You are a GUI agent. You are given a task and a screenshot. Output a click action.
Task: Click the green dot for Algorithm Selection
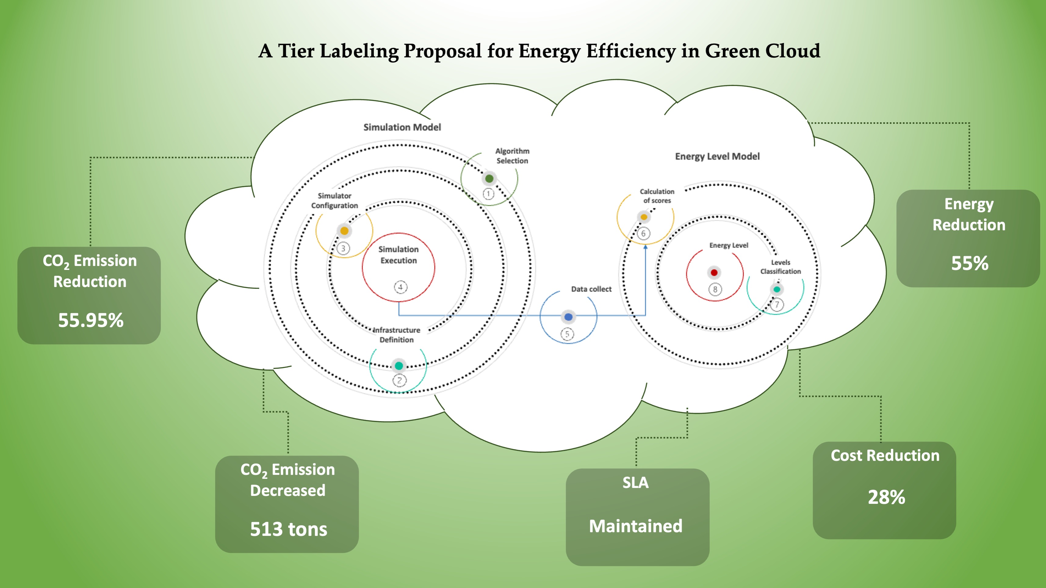click(489, 178)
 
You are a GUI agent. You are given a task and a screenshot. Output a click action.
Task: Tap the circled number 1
click(489, 194)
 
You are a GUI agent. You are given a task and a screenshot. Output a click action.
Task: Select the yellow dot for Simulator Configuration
click(344, 231)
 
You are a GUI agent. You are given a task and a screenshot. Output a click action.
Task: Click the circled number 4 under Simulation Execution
click(400, 287)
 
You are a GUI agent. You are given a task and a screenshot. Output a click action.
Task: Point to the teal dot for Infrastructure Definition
click(399, 366)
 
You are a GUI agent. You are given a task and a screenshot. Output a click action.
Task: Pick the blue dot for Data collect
click(568, 317)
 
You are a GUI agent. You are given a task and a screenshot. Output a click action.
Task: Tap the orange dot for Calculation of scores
click(644, 217)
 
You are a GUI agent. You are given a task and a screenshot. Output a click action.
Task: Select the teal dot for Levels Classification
click(777, 289)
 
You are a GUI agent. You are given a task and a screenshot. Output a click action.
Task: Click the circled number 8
click(715, 289)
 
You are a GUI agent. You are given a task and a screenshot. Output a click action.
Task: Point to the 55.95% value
click(91, 320)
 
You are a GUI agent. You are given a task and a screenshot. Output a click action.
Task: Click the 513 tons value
click(288, 529)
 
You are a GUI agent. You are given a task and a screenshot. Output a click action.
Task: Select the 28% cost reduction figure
click(886, 497)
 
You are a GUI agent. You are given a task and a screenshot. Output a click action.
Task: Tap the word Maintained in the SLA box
click(636, 526)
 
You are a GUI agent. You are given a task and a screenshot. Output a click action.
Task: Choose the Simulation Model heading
click(402, 127)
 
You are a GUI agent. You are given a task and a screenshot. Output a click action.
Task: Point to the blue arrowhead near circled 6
click(646, 247)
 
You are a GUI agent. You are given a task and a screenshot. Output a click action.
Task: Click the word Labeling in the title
click(359, 52)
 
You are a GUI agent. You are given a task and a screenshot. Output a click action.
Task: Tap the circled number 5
click(567, 334)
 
